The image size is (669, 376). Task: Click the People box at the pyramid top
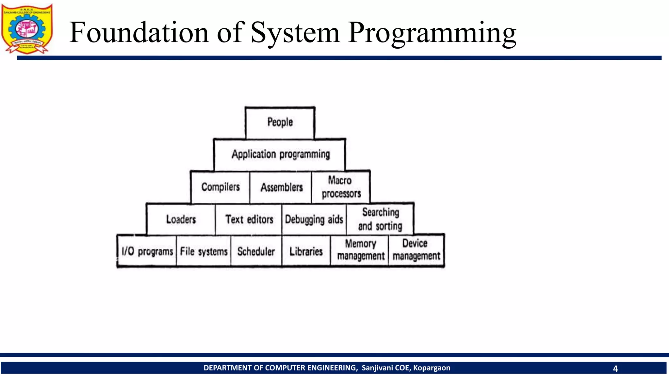pyautogui.click(x=280, y=123)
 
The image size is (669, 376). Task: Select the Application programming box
pyautogui.click(x=280, y=154)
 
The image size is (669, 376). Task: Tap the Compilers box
pyautogui.click(x=220, y=187)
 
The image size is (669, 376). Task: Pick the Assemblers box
pyautogui.click(x=281, y=187)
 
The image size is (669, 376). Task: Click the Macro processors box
pyautogui.click(x=341, y=187)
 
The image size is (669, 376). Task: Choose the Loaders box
pyautogui.click(x=181, y=219)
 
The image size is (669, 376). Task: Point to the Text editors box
pyautogui.click(x=249, y=219)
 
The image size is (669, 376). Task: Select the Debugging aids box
pyautogui.click(x=314, y=219)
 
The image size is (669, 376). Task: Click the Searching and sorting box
pyautogui.click(x=380, y=219)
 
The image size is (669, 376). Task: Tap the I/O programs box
pyautogui.click(x=147, y=251)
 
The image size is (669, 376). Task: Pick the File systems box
pyautogui.click(x=204, y=251)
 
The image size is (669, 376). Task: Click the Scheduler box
pyautogui.click(x=256, y=251)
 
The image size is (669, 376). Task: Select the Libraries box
pyautogui.click(x=306, y=251)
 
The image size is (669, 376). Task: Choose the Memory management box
pyautogui.click(x=360, y=250)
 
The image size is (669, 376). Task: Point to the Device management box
pyautogui.click(x=416, y=250)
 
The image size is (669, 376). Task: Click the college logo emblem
pyautogui.click(x=27, y=29)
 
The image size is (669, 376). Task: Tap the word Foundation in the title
pyautogui.click(x=139, y=33)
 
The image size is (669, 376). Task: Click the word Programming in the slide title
pyautogui.click(x=432, y=33)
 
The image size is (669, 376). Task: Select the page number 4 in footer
pyautogui.click(x=615, y=368)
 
